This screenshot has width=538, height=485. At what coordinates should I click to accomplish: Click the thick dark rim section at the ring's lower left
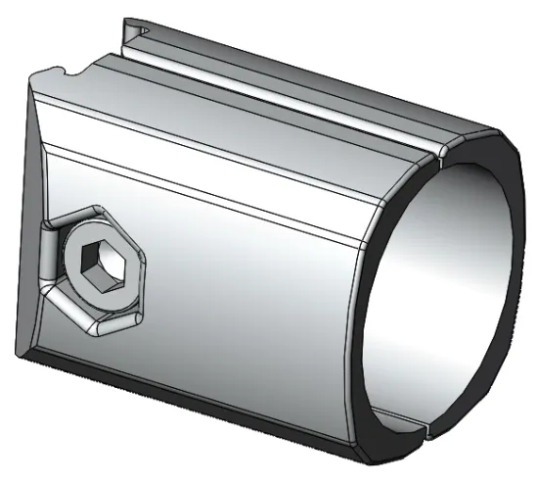tap(368, 392)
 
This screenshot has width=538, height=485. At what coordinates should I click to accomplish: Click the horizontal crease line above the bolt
tap(196, 185)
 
